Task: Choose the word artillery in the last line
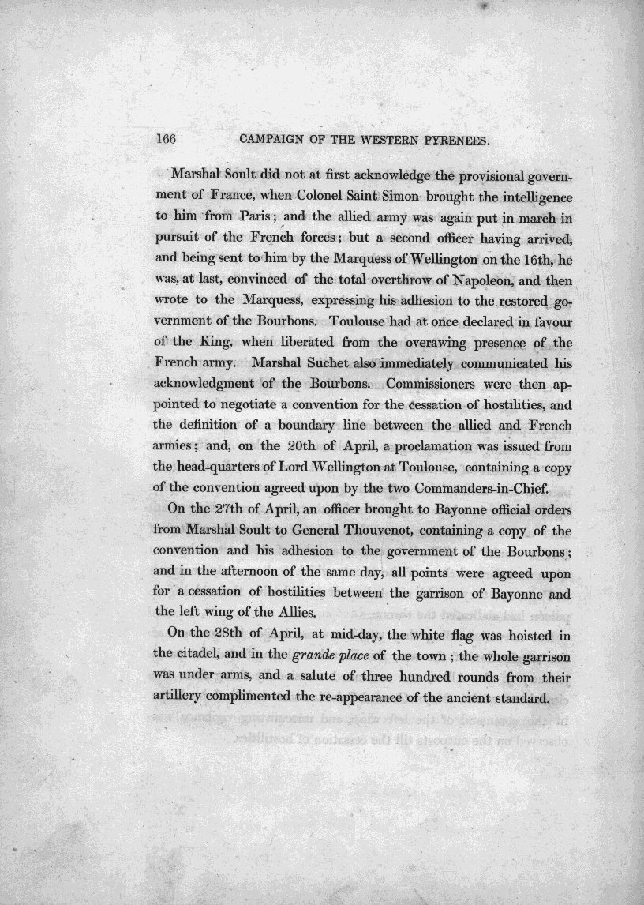(x=184, y=699)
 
